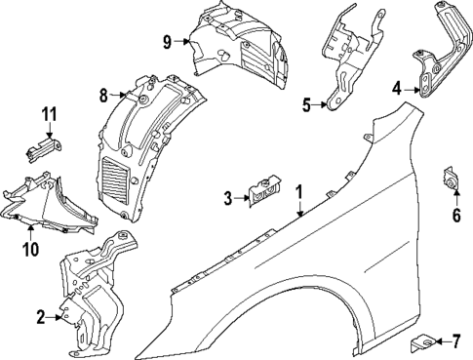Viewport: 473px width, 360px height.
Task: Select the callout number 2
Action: (x=39, y=315)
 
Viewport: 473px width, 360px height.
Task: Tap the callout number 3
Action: (x=227, y=198)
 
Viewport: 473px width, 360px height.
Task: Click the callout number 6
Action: (x=454, y=215)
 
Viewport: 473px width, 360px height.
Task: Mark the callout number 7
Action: (x=454, y=340)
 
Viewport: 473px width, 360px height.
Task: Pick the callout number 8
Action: (x=102, y=95)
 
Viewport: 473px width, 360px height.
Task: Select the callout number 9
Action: (x=167, y=41)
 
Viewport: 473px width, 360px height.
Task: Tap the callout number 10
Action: (x=29, y=249)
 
